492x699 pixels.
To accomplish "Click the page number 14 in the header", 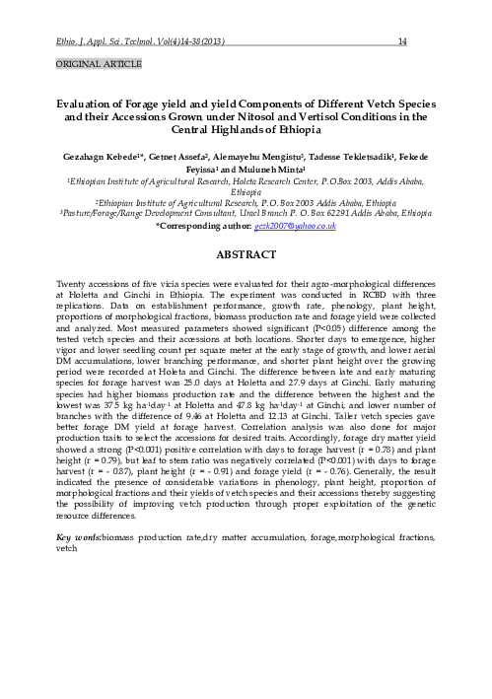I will tap(402, 41).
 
